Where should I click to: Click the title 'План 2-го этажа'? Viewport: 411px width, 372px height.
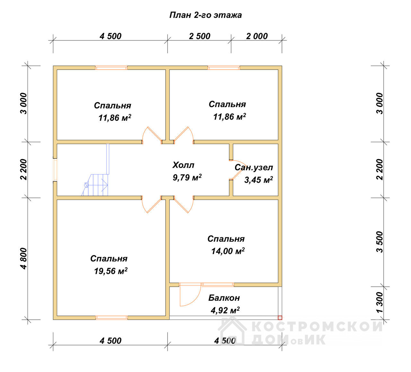pyautogui.click(x=205, y=15)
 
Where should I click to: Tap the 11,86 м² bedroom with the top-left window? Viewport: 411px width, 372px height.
pyautogui.click(x=111, y=105)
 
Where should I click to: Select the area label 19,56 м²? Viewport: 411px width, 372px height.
pyautogui.click(x=111, y=271)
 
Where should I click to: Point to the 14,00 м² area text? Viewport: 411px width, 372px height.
pyautogui.click(x=228, y=251)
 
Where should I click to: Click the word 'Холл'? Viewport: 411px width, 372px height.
pyautogui.click(x=183, y=165)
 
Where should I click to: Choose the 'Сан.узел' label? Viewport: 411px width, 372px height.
pyautogui.click(x=254, y=168)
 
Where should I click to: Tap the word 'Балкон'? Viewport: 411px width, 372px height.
pyautogui.click(x=224, y=298)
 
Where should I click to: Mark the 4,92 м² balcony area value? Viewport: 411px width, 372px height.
pyautogui.click(x=225, y=310)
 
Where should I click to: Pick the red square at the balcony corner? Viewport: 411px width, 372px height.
pyautogui.click(x=280, y=318)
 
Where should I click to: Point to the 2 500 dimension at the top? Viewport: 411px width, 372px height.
pyautogui.click(x=199, y=36)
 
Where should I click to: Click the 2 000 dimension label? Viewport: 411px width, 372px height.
pyautogui.click(x=257, y=36)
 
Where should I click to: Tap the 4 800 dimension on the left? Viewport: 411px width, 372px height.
pyautogui.click(x=24, y=259)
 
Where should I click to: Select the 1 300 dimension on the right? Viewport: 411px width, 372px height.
pyautogui.click(x=380, y=302)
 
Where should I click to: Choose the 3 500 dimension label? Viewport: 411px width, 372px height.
pyautogui.click(x=380, y=242)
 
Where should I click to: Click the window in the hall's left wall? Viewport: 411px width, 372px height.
pyautogui.click(x=55, y=170)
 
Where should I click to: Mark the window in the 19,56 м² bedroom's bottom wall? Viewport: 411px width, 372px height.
pyautogui.click(x=112, y=317)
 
